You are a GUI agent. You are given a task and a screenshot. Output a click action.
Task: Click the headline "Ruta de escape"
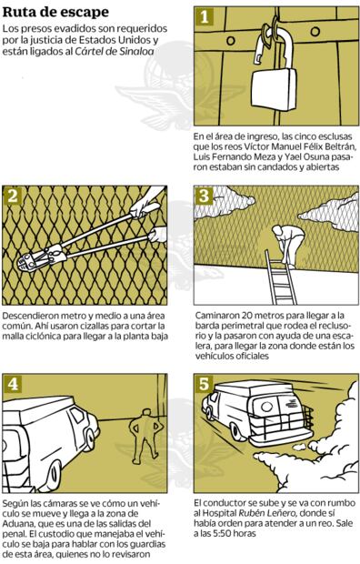55,12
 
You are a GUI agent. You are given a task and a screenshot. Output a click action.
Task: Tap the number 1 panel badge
205,17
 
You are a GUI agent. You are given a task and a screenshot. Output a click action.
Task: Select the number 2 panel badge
13,196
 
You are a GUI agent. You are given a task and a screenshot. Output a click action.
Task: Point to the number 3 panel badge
205,196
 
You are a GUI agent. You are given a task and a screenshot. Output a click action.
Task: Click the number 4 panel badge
13,384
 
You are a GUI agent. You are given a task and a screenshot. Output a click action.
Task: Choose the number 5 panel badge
205,384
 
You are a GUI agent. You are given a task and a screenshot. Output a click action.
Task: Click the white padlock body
274,89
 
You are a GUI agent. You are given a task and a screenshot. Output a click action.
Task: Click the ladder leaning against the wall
281,277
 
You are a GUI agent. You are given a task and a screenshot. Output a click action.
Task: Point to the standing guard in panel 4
145,432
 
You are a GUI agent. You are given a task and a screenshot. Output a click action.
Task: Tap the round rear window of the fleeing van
266,407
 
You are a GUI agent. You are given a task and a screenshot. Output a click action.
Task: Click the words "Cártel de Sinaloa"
115,51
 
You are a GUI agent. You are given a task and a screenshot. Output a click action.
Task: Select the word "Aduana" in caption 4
16,523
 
